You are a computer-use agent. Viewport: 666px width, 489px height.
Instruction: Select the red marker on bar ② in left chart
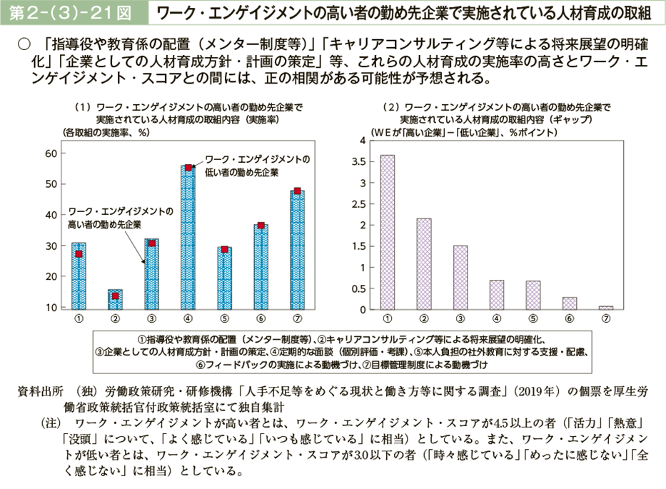coord(115,296)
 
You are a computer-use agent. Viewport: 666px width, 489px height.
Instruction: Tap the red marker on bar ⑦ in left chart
coord(297,191)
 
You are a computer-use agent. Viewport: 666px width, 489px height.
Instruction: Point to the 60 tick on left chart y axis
coord(51,153)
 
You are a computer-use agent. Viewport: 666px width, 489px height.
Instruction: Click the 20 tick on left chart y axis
coord(51,277)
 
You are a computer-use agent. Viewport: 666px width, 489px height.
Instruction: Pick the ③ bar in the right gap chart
coord(460,278)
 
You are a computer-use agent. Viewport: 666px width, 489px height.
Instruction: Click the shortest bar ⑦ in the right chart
coord(606,308)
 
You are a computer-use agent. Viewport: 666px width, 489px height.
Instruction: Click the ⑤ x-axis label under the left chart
coord(224,319)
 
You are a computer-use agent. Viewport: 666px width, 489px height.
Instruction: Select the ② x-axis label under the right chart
coord(424,319)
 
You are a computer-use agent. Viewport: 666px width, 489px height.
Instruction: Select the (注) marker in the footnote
coord(54,423)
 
